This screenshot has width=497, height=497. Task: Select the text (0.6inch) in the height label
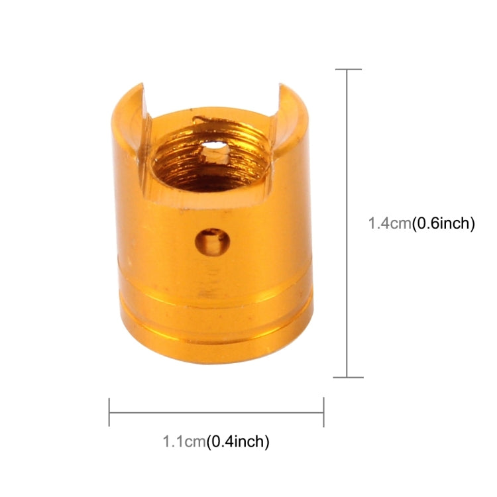click(443, 224)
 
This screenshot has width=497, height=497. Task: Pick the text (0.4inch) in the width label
click(238, 439)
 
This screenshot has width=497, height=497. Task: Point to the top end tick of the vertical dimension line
click(349, 69)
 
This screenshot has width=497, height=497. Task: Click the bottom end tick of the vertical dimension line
click(349, 378)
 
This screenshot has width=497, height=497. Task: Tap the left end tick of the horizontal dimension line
click(109, 412)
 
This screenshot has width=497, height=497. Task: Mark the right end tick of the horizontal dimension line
click(323, 412)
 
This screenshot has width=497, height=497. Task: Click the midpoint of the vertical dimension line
click(349, 223)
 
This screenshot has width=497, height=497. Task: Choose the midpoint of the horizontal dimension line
click(216, 412)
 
